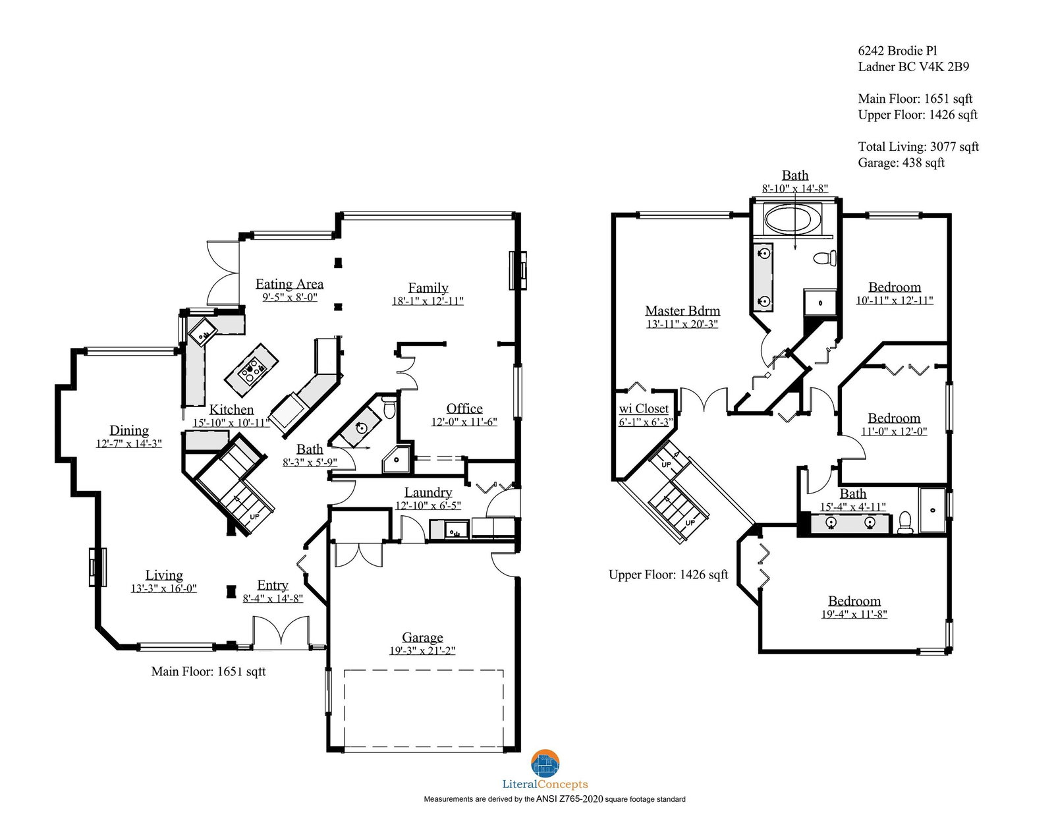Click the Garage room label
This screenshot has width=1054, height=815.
(422, 637)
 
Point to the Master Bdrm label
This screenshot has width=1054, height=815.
(682, 310)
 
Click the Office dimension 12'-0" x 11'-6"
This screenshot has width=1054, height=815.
(464, 422)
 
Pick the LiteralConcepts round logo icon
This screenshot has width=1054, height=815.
(545, 763)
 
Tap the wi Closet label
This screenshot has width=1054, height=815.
(644, 408)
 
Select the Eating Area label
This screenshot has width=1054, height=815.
(289, 284)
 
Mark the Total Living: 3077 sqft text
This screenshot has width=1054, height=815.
(918, 146)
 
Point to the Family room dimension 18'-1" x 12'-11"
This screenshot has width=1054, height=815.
(428, 301)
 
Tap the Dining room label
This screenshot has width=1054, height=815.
(129, 430)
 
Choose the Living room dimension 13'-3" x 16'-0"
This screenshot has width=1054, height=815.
(163, 588)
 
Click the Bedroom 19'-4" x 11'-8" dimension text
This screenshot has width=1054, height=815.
(854, 614)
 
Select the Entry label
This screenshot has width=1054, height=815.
(273, 585)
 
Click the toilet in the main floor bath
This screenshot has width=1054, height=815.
(389, 407)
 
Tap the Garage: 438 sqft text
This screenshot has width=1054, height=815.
(901, 163)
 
